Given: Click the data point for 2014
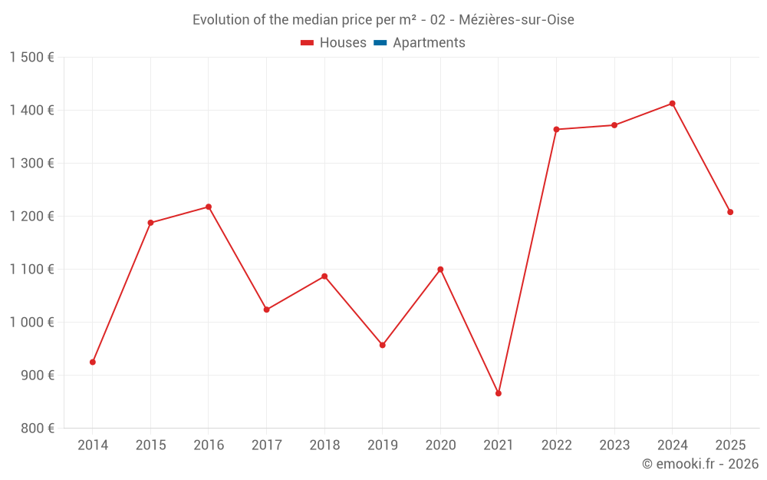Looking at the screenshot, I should click(93, 362).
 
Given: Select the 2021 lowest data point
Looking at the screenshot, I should click(499, 393).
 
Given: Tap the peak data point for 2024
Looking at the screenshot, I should click(673, 104).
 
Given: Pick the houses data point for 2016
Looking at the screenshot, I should click(209, 207).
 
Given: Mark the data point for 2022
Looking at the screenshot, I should click(556, 129).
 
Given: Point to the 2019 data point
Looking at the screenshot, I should click(382, 345).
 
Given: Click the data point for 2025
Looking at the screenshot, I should click(730, 212).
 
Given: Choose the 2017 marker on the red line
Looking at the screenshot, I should click(266, 310).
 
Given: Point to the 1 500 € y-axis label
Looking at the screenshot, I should click(32, 58).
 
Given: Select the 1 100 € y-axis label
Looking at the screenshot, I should click(32, 270).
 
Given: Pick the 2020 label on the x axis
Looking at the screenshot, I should click(440, 445).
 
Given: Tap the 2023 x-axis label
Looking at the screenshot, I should click(614, 445).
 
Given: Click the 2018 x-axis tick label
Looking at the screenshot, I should click(324, 445).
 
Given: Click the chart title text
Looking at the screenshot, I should click(383, 20).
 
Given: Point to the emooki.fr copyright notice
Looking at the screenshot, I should click(700, 464).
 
